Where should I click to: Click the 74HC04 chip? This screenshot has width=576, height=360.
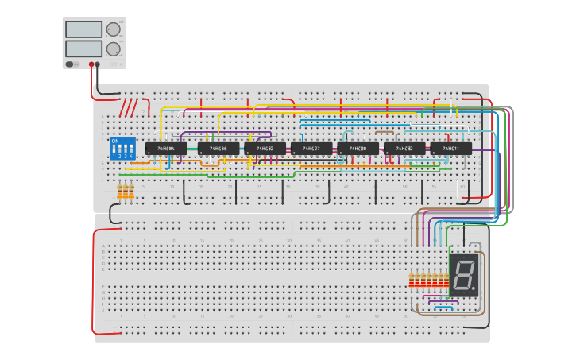[x=166, y=149]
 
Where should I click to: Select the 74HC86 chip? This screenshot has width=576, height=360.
[x=218, y=149]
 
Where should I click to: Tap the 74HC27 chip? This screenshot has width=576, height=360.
[x=311, y=149]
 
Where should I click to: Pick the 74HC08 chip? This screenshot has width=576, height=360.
[x=358, y=149]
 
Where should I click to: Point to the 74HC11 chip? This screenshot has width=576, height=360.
[x=451, y=149]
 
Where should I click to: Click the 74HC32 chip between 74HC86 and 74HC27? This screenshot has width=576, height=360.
[x=265, y=149]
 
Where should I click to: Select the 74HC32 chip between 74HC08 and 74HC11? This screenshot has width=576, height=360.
[x=404, y=149]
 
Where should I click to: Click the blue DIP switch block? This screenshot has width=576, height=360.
[x=122, y=149]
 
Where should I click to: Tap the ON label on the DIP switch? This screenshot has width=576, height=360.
[x=115, y=141]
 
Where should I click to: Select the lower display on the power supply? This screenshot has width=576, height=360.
[x=83, y=48]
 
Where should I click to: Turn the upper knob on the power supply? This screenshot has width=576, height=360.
[x=113, y=29]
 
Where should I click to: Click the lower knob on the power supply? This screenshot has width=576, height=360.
[x=114, y=48]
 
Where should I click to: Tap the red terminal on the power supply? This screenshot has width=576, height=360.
[x=91, y=64]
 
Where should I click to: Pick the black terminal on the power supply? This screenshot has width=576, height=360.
[x=98, y=64]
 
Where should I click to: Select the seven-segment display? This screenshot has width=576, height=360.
[x=464, y=275]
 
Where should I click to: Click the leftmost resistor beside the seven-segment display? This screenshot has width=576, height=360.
[x=411, y=280]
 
